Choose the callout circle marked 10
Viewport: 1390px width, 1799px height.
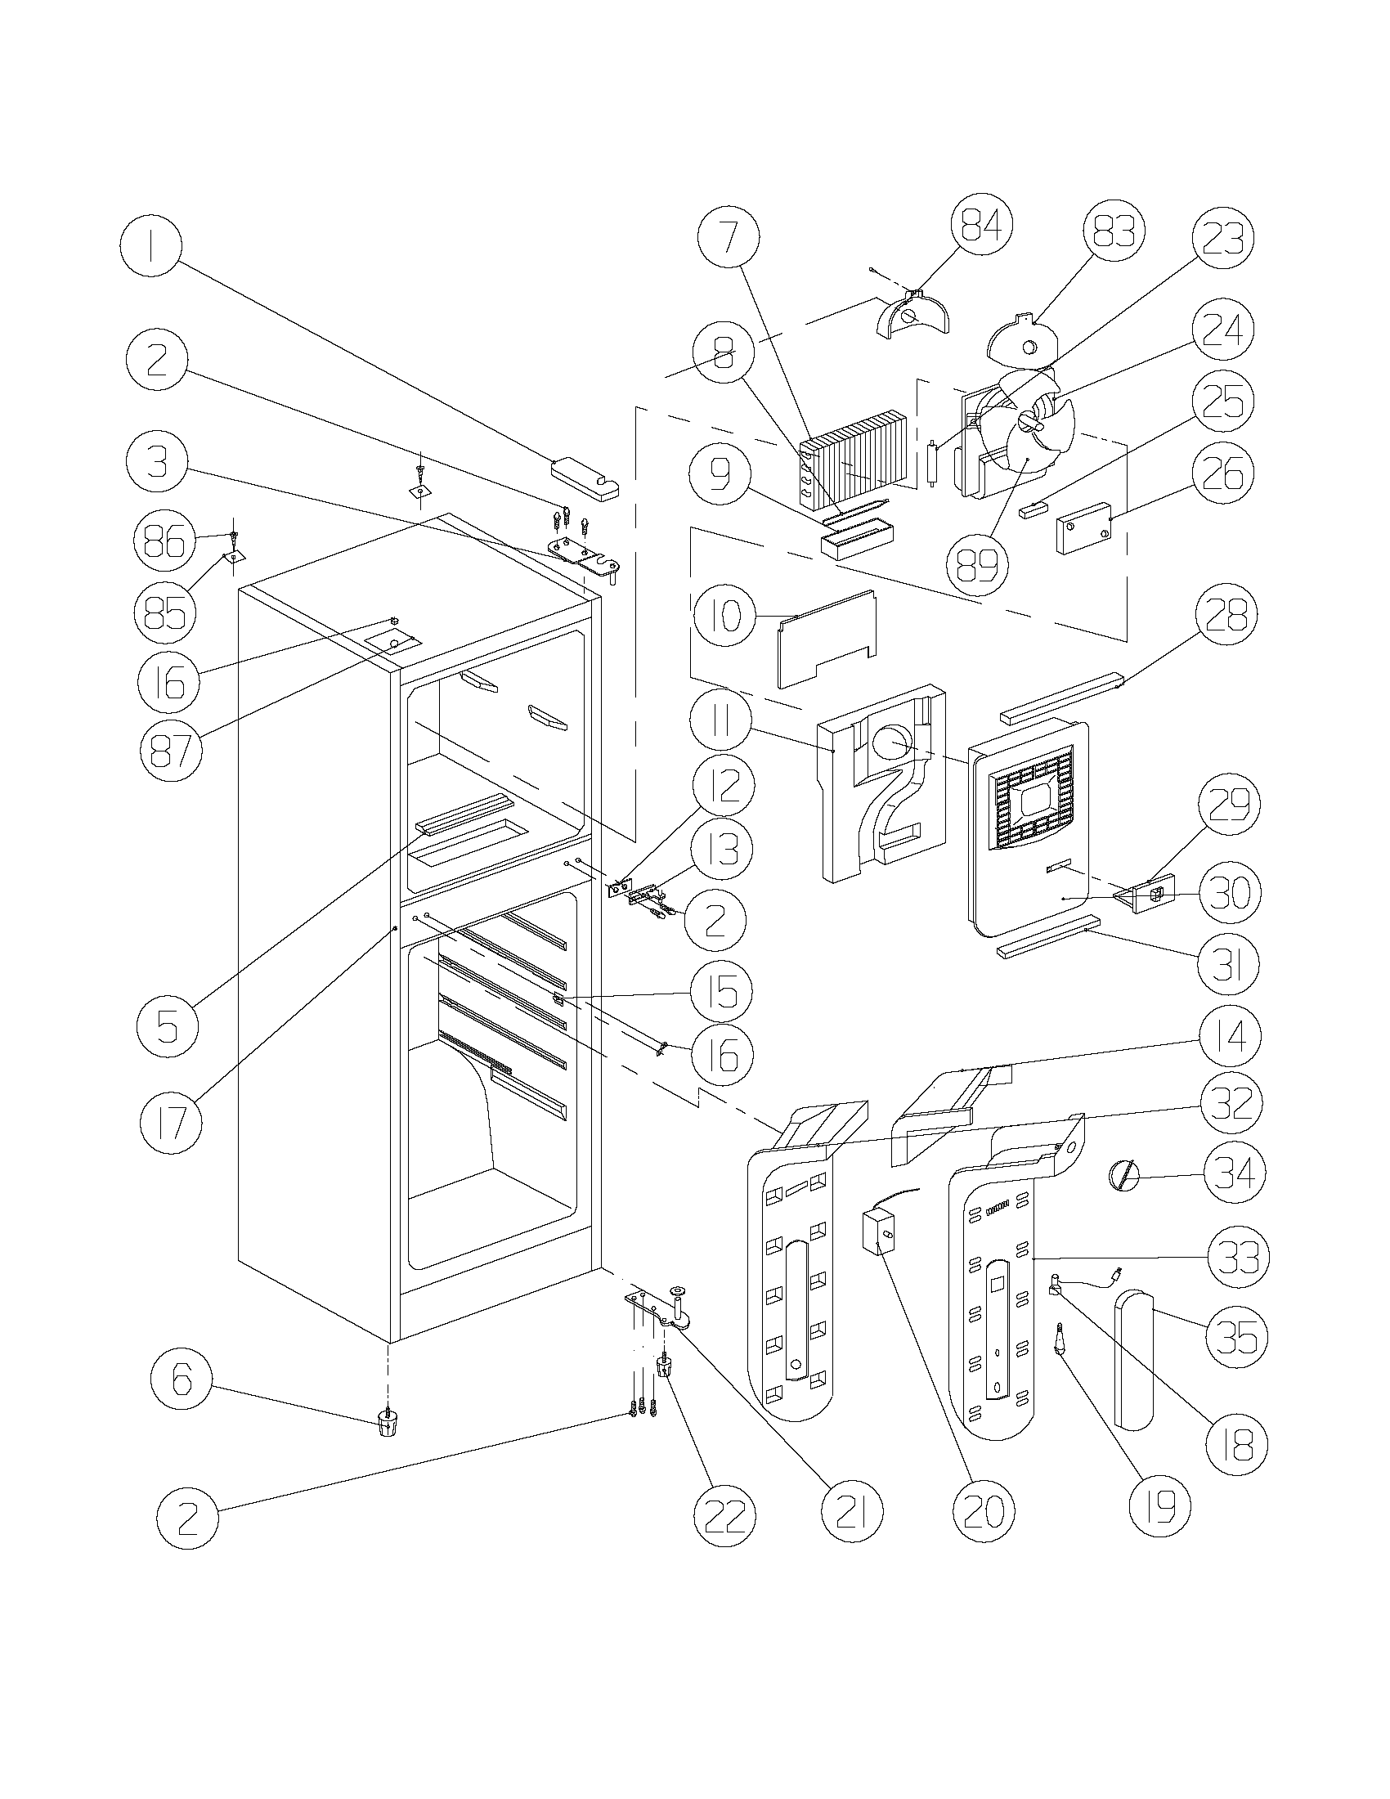point(722,615)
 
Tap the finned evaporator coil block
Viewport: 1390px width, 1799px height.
point(856,457)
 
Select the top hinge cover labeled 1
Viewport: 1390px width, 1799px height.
point(583,479)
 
